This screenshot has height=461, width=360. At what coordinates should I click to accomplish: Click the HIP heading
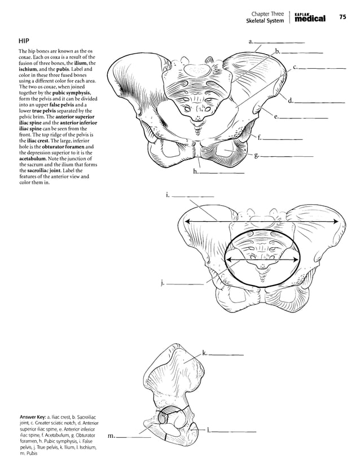(x=24, y=42)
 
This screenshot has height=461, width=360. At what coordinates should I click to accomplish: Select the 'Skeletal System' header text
(x=265, y=21)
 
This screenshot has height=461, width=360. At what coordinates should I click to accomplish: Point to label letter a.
(x=251, y=41)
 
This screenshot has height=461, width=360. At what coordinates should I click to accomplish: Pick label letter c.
(x=296, y=67)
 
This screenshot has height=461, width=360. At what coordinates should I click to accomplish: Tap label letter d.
(x=291, y=102)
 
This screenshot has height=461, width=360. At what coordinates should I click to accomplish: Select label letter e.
(x=276, y=117)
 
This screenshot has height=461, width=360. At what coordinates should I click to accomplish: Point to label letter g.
(x=257, y=155)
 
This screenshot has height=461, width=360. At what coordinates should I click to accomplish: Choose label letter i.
(x=168, y=195)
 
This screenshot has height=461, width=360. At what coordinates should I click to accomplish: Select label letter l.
(x=208, y=431)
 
